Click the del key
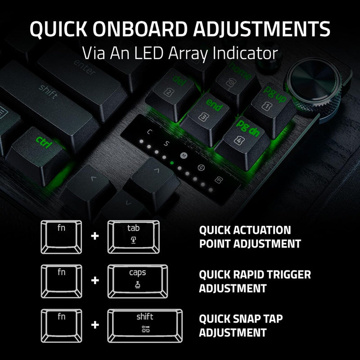pyautogui.click(x=172, y=87)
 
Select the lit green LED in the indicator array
pyautogui.click(x=172, y=162)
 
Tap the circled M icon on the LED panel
pyautogui.click(x=183, y=156)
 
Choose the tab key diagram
pyautogui.click(x=134, y=236)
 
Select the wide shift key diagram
pyautogui.click(x=145, y=324)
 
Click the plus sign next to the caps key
pyautogui.click(x=94, y=280)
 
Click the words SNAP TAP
pyautogui.click(x=257, y=319)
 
